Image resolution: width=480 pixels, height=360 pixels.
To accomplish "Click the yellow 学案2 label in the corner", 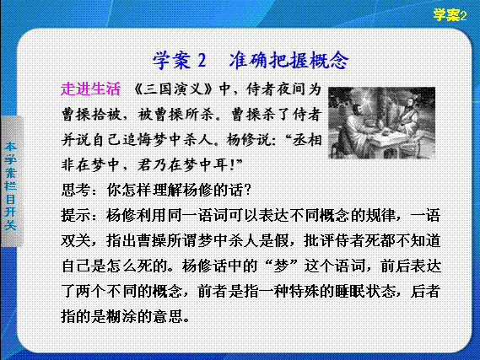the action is (x=450, y=15).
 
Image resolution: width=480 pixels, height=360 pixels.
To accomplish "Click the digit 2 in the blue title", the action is (x=202, y=60).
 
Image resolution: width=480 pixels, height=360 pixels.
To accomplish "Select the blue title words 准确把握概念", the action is (x=289, y=60).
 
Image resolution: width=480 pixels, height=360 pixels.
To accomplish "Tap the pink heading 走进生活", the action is (x=90, y=89).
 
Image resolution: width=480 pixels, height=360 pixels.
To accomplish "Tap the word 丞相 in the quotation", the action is (x=307, y=140).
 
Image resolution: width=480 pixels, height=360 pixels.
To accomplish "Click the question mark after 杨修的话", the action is (x=248, y=191).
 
